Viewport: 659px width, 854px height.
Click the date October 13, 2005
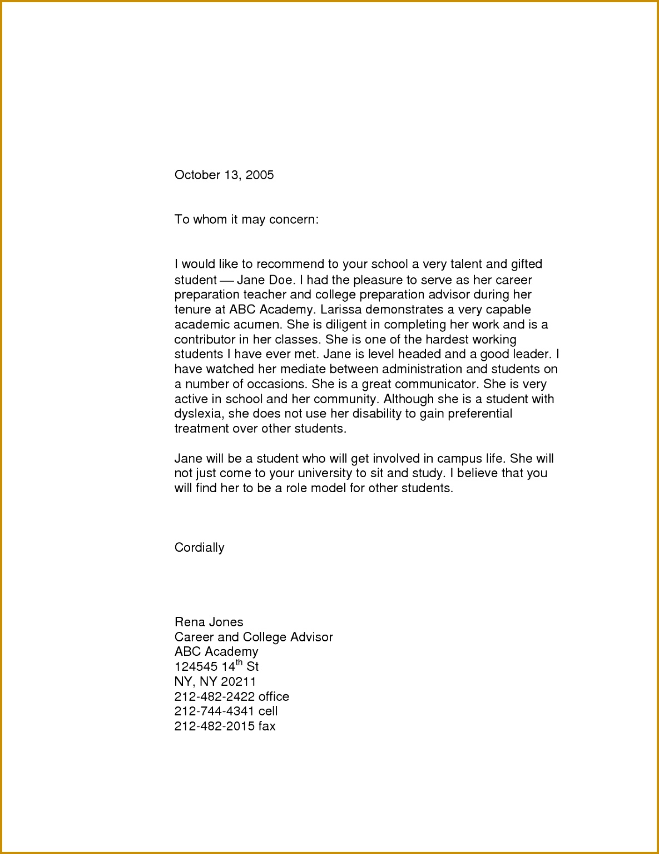point(224,175)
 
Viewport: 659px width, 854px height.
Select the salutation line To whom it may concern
point(246,219)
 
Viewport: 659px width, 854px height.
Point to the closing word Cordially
point(199,548)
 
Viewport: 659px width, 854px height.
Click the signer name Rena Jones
point(209,622)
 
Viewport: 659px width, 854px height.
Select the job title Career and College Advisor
point(254,637)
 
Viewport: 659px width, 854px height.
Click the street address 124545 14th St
point(216,666)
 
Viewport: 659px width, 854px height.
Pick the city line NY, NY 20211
point(215,681)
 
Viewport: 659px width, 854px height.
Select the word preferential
point(480,414)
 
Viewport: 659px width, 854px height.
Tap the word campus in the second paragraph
point(459,459)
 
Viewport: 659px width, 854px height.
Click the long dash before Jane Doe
point(226,280)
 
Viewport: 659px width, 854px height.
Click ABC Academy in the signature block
point(216,651)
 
